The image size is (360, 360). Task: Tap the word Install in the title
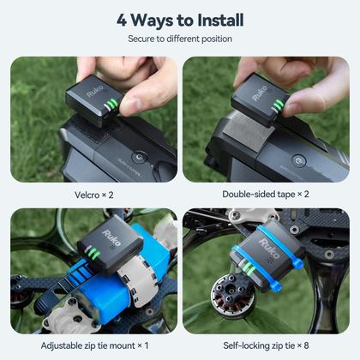coord(213,19)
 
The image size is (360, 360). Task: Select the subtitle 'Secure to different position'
coord(179,39)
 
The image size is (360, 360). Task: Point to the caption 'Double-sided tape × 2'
coord(266,194)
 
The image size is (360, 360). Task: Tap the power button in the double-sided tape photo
coord(297,160)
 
